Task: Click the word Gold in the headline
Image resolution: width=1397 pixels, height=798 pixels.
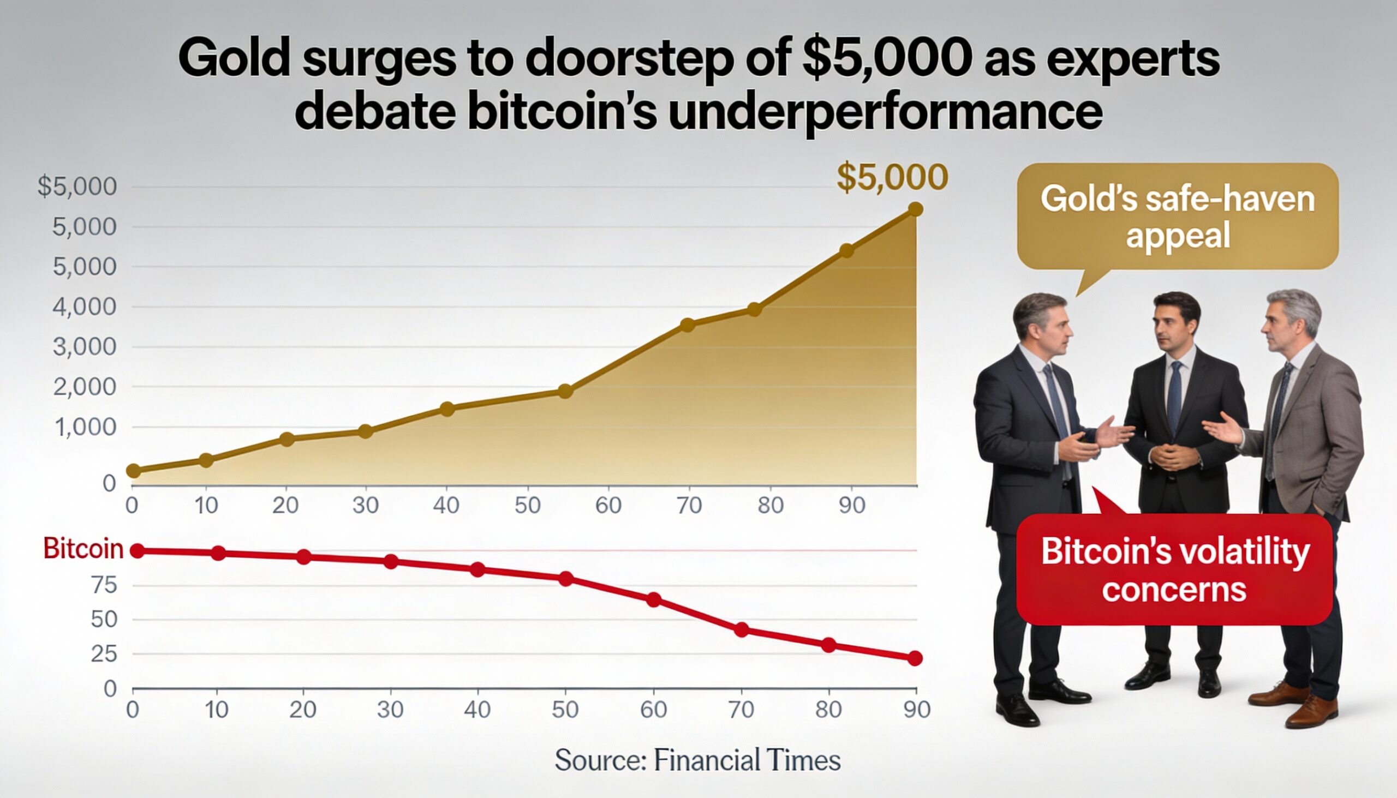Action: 234,58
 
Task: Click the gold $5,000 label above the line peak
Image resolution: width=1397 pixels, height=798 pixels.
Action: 892,177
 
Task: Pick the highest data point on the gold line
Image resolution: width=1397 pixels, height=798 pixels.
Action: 915,209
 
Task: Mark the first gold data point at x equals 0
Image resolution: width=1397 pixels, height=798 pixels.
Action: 133,471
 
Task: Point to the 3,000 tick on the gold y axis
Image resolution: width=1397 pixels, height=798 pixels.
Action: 85,347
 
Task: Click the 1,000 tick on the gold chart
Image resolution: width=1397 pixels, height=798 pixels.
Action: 85,427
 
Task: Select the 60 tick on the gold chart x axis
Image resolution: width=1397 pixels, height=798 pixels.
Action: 608,505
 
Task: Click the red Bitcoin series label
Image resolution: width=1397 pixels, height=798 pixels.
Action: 83,549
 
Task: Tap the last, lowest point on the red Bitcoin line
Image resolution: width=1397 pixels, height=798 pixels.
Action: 915,658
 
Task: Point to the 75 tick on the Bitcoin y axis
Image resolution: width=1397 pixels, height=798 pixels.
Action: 104,585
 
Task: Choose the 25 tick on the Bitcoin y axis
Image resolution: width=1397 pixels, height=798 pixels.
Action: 104,654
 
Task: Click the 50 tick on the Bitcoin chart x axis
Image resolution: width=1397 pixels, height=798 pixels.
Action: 565,710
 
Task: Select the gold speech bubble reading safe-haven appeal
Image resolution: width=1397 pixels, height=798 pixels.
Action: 1177,217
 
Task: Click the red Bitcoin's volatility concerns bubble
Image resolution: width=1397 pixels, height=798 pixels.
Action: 1174,570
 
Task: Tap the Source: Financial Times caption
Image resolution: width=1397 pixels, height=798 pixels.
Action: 697,760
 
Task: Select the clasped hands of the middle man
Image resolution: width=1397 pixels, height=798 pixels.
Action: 1173,456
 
